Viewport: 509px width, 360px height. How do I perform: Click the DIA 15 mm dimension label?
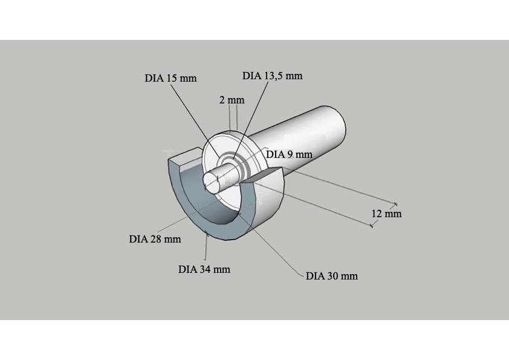170,78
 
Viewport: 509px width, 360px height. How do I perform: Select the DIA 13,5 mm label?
273,76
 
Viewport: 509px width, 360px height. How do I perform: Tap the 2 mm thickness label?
232,100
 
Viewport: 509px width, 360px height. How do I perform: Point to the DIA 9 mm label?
289,154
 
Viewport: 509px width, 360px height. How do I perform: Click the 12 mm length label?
386,214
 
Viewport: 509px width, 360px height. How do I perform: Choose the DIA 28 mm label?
155,239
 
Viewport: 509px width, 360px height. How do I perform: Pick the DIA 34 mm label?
204,269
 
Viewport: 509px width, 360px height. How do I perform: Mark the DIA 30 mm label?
332,276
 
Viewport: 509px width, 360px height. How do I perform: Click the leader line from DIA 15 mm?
195,122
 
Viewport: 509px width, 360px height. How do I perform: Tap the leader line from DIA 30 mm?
272,245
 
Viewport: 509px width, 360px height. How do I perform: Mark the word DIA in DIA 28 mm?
138,239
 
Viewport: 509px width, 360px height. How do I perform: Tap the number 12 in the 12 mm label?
376,214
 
